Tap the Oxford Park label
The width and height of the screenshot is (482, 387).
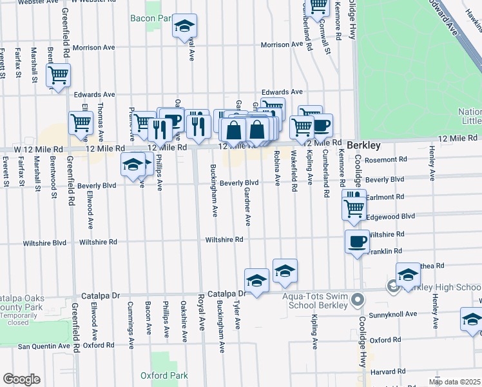tap(164, 375)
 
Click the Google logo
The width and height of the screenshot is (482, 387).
tap(21, 379)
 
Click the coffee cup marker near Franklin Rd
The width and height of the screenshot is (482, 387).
tap(357, 242)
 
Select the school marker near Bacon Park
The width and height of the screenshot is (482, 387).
tap(185, 26)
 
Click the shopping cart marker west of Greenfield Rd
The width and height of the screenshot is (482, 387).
tap(59, 75)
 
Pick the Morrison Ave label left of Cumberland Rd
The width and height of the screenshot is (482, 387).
tap(282, 45)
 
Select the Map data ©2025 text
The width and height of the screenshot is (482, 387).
tap(454, 382)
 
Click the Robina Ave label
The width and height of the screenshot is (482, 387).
tap(277, 168)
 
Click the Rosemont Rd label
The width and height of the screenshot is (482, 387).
tap(386, 159)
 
